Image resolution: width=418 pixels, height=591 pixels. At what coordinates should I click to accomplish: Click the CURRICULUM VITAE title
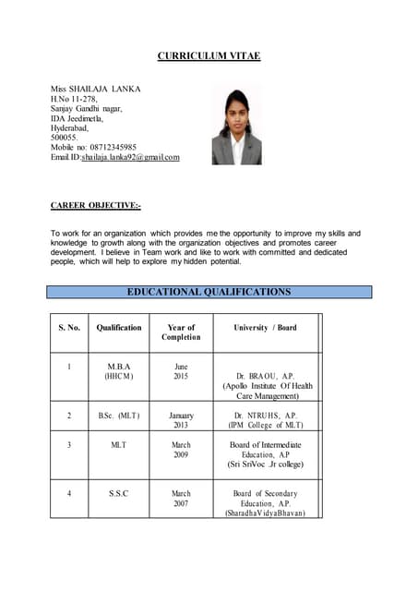[209, 56]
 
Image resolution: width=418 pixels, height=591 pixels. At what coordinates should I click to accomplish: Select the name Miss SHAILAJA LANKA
[96, 89]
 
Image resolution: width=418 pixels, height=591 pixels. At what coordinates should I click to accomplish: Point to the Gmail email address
[130, 157]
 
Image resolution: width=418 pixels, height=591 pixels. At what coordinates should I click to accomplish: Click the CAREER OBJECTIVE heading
[96, 206]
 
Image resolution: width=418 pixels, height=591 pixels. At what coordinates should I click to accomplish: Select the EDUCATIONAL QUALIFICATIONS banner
[209, 292]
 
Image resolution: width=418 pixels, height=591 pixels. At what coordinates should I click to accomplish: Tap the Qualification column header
[119, 328]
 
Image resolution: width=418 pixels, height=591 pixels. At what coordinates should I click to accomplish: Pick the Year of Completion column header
[181, 332]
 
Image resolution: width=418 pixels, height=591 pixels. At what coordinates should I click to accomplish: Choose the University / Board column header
[265, 328]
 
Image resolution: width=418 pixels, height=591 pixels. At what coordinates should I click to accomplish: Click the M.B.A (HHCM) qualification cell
[119, 371]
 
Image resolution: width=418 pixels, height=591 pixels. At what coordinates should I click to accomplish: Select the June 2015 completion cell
[181, 371]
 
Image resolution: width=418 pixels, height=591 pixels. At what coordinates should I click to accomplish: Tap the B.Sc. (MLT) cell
[119, 416]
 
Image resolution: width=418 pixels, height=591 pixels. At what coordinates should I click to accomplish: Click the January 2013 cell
[181, 420]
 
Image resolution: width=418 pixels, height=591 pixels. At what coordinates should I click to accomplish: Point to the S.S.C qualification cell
[119, 494]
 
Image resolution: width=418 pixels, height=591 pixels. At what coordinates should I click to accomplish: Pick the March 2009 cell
[181, 450]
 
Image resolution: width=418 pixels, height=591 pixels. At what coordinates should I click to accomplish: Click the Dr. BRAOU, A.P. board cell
[265, 376]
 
